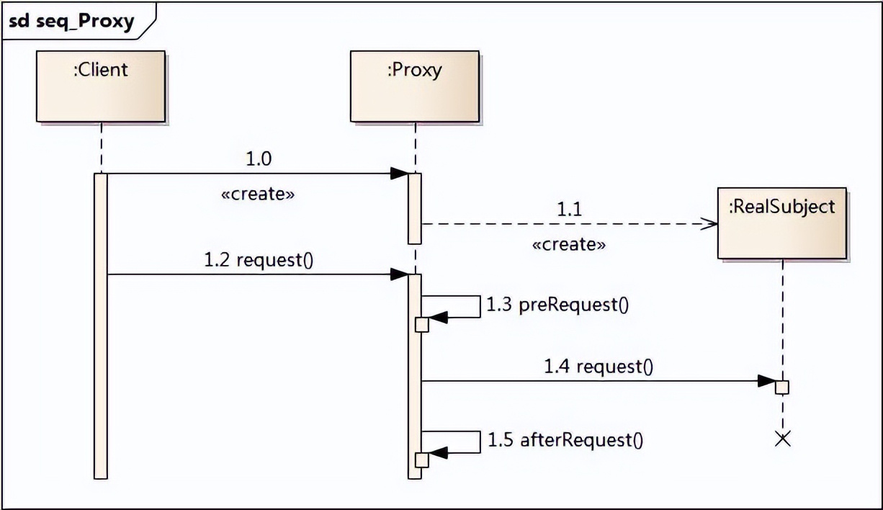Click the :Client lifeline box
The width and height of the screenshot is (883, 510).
(100, 86)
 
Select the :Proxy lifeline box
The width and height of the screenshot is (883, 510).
(414, 86)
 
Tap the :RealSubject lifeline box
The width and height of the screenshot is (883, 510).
(781, 223)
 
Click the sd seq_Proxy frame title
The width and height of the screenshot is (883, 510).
(72, 22)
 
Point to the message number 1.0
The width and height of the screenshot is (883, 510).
(259, 159)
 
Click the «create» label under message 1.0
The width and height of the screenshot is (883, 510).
(257, 194)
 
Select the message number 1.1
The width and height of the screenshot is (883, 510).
(569, 210)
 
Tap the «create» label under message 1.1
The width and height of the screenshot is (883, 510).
(568, 244)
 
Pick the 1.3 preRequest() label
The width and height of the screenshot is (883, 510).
(557, 305)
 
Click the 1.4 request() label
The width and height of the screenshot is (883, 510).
(599, 367)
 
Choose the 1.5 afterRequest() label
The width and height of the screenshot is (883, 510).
(565, 439)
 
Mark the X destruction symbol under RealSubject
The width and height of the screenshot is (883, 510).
(782, 439)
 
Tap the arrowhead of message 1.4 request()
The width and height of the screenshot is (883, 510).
(766, 381)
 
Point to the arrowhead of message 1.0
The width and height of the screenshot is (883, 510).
(399, 174)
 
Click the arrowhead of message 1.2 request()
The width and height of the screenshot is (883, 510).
(399, 274)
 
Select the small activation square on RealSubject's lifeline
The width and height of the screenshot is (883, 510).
(782, 387)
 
